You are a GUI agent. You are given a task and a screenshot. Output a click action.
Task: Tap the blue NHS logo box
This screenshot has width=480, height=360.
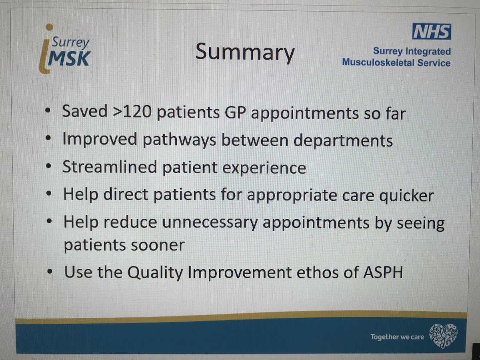(x=432, y=32)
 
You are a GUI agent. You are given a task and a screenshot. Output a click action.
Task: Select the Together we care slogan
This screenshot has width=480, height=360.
(x=397, y=337)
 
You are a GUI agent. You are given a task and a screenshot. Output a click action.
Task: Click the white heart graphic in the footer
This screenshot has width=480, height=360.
(x=443, y=335)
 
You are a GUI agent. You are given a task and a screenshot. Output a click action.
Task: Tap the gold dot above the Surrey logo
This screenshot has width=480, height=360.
(x=49, y=27)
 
